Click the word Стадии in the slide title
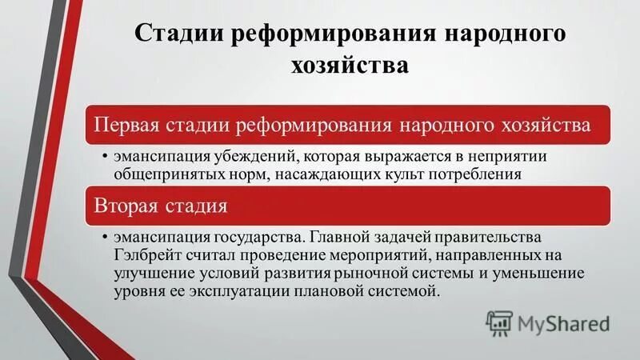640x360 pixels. [x=177, y=35]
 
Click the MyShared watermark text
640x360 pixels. [x=564, y=323]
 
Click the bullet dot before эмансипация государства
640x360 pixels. [x=105, y=238]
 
